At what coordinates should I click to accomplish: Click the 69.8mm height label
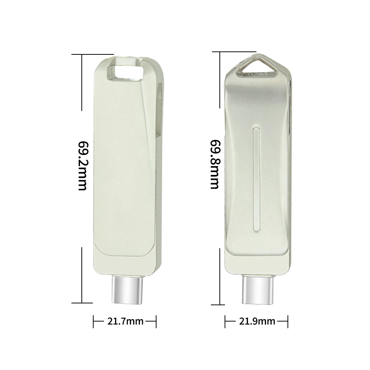point(215,164)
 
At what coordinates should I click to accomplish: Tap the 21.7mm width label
point(125,321)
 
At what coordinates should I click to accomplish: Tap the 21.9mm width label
point(256,321)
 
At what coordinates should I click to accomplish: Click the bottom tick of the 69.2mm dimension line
point(82,303)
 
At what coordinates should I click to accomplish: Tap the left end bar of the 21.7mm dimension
point(93,321)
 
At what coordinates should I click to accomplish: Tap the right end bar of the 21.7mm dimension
point(156,321)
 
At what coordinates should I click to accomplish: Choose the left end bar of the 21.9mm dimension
point(225,321)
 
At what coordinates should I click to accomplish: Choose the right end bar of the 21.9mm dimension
point(287,321)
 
